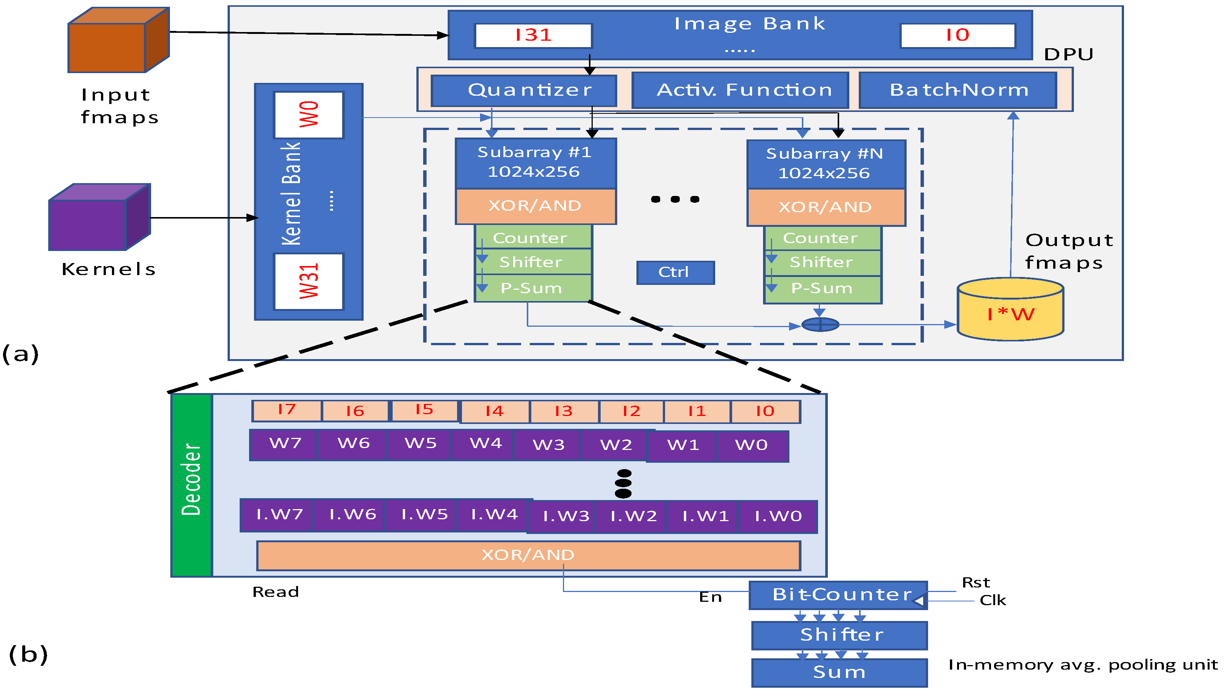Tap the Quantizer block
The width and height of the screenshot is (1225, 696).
524,90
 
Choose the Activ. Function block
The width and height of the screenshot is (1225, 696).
740,90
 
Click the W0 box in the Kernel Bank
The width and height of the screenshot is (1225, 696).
309,115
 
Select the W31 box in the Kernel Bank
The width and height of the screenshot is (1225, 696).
309,281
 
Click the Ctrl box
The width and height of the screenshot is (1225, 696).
675,272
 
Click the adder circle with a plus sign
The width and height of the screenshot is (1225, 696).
820,324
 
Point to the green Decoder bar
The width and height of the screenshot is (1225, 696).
191,485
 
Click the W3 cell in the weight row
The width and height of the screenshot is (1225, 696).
548,445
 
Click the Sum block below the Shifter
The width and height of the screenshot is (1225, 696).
839,673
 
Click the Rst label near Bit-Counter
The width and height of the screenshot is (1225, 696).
975,583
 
